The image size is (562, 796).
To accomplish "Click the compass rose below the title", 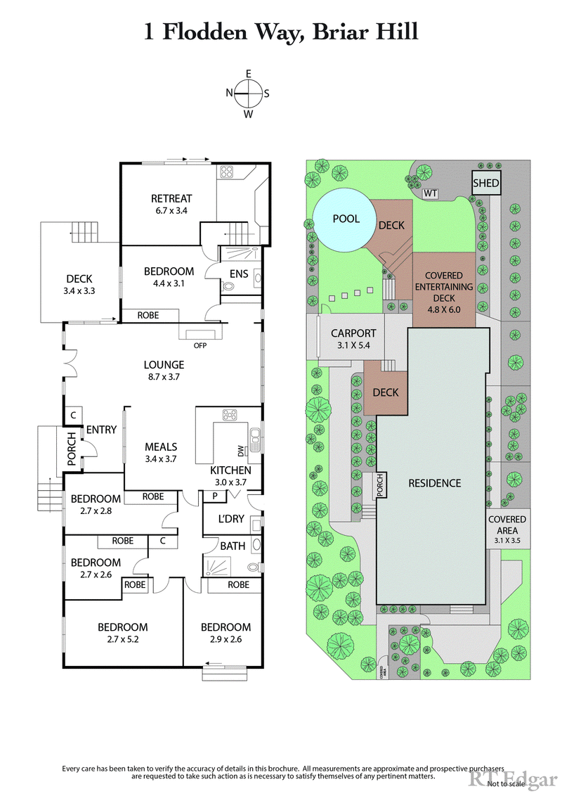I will coord(248,93).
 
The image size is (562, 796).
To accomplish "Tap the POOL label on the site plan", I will coord(346,219).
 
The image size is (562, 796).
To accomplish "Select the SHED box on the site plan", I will coord(485,184).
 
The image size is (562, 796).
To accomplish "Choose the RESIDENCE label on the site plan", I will coord(435,483).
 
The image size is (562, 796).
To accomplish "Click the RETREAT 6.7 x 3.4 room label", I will coord(171,204).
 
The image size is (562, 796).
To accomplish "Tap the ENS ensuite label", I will coord(238,274).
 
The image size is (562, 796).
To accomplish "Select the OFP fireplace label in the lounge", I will coord(200,345).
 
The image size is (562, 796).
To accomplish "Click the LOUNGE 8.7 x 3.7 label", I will coord(164,371).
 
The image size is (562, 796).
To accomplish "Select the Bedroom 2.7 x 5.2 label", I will coord(122,633).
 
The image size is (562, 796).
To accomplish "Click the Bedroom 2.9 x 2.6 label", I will coord(226,633).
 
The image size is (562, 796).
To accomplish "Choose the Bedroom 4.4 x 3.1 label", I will coord(169,277).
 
